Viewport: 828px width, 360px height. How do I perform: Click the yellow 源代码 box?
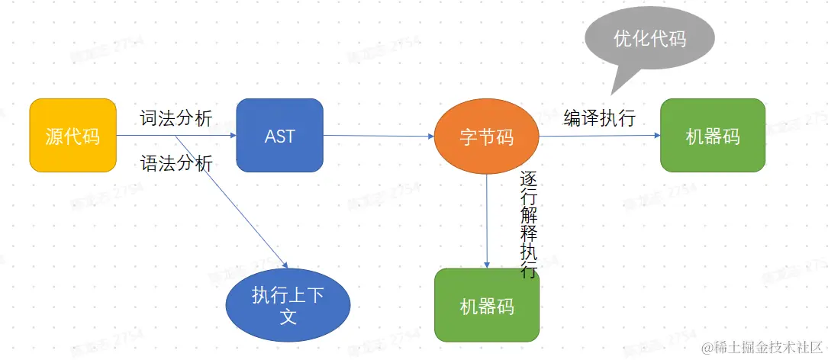[72, 135]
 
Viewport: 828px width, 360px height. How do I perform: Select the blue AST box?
[279, 135]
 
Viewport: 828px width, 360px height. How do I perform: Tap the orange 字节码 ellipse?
[486, 137]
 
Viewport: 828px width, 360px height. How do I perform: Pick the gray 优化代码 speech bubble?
[649, 38]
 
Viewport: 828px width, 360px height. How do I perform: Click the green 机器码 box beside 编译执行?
[712, 135]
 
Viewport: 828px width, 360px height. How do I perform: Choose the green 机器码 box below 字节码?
[486, 305]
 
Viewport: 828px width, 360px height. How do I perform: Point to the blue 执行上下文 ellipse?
[288, 306]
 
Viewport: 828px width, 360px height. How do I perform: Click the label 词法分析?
[176, 118]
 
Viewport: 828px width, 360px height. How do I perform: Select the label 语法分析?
[176, 163]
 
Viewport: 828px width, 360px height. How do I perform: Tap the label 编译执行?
[599, 118]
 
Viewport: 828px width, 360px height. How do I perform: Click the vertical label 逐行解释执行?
[528, 225]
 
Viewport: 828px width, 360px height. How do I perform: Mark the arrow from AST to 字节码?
[378, 137]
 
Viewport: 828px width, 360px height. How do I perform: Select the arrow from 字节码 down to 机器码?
[487, 221]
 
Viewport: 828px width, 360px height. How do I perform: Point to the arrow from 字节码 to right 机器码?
[599, 136]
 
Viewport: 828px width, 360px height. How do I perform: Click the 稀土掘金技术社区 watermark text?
[764, 347]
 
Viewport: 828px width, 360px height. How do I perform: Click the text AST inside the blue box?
[279, 136]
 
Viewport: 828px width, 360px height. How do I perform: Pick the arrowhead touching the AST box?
[233, 136]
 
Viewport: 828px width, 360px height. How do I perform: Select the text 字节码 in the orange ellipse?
[486, 137]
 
